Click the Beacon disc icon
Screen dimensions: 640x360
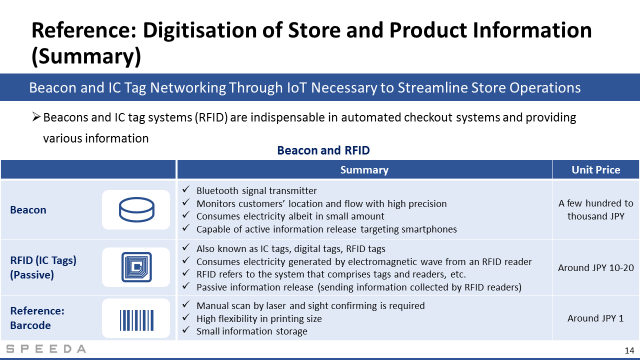pyautogui.click(x=136, y=209)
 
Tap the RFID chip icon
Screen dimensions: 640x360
pyautogui.click(x=136, y=267)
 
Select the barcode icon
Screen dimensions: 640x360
pyautogui.click(x=136, y=320)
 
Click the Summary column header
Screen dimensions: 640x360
pyautogui.click(x=364, y=169)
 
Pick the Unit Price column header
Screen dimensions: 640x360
pyautogui.click(x=595, y=169)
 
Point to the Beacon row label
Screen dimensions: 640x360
pyautogui.click(x=28, y=210)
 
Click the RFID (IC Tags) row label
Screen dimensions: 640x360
pyautogui.click(x=43, y=267)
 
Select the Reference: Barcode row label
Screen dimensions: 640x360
pyautogui.click(x=37, y=318)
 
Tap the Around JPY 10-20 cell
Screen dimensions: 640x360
pyautogui.click(x=595, y=267)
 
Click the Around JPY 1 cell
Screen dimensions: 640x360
pyautogui.click(x=595, y=318)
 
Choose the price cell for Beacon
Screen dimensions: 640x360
pyautogui.click(x=595, y=209)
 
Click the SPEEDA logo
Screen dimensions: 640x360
pyautogui.click(x=46, y=349)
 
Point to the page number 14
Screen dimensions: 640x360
pyautogui.click(x=629, y=350)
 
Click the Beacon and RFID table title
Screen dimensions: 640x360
pyautogui.click(x=323, y=150)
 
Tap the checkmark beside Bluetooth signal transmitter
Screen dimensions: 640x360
pyautogui.click(x=186, y=189)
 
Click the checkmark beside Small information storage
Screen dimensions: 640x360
pyautogui.click(x=186, y=329)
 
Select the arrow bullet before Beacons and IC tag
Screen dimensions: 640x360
pyautogui.click(x=36, y=116)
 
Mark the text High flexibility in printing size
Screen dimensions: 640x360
pyautogui.click(x=259, y=318)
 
